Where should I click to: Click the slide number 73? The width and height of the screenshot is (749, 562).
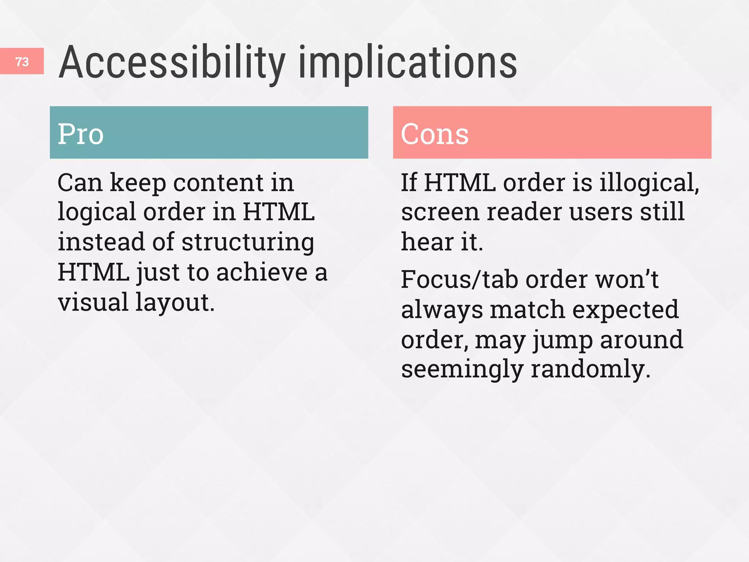[22, 61]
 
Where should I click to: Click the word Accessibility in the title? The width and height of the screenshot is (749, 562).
[172, 62]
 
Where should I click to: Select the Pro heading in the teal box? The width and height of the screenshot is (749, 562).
[81, 134]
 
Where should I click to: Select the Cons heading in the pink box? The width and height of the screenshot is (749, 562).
[434, 134]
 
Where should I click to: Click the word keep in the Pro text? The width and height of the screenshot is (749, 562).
[138, 183]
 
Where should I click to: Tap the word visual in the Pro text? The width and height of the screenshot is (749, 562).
[93, 302]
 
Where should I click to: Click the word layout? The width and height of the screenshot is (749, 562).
[175, 303]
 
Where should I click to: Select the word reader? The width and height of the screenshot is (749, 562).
[524, 213]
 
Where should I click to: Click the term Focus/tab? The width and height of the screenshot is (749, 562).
[459, 280]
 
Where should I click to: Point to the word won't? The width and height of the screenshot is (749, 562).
[627, 280]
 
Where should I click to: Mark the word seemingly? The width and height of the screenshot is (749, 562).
[462, 370]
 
